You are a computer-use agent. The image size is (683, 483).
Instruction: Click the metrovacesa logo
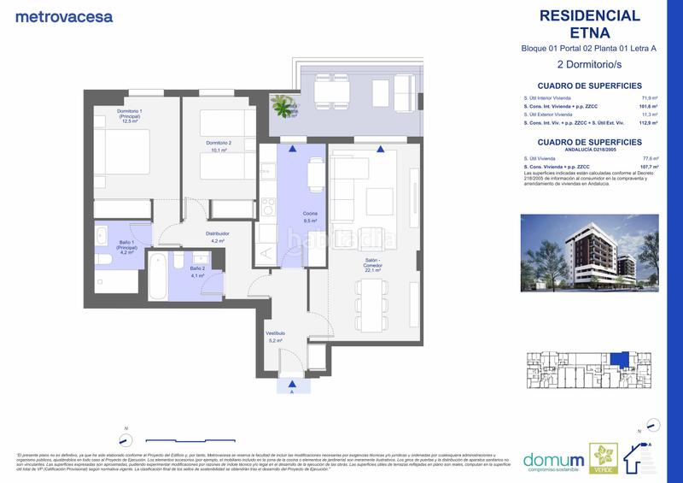[53, 15]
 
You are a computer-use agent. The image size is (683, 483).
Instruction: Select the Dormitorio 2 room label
[217, 144]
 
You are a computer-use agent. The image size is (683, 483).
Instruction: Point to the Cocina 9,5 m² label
[309, 217]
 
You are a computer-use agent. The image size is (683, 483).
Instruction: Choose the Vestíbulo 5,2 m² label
[274, 336]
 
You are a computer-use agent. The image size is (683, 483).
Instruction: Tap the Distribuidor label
[217, 237]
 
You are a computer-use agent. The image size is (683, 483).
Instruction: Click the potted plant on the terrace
[283, 105]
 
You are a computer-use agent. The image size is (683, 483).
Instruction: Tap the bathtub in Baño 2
[156, 276]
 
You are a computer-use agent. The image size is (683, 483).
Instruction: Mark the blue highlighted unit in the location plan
[622, 360]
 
